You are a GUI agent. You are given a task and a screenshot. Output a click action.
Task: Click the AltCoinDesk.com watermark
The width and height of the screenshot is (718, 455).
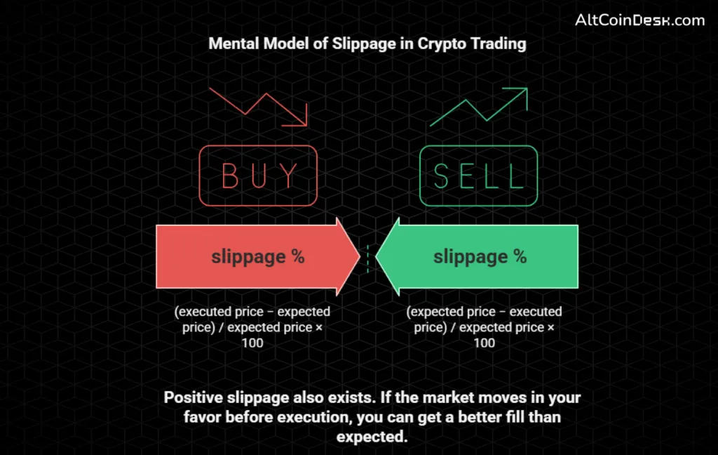[639, 20]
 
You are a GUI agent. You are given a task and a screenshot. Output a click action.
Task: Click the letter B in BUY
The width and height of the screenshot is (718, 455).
[231, 176]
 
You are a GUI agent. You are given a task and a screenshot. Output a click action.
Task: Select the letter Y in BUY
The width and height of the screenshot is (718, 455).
[288, 176]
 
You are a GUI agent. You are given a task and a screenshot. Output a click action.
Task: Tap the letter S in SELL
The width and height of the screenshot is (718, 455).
[443, 176]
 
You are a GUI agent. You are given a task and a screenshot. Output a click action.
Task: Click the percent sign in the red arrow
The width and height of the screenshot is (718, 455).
[298, 256]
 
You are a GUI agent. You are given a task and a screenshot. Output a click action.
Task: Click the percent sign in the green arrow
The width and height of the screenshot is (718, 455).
[520, 256]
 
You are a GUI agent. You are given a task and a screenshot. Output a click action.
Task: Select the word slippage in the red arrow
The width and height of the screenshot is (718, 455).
[248, 257]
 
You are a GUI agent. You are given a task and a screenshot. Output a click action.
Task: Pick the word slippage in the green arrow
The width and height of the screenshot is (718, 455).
[470, 257]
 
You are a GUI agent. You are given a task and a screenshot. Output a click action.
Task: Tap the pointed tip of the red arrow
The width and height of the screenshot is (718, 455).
[359, 256]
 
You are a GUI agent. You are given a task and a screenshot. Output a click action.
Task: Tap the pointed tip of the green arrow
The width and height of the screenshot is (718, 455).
[377, 256]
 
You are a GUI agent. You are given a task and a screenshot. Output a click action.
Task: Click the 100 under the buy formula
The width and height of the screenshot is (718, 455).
[252, 343]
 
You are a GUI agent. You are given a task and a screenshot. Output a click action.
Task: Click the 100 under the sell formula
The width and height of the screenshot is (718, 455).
[484, 343]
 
